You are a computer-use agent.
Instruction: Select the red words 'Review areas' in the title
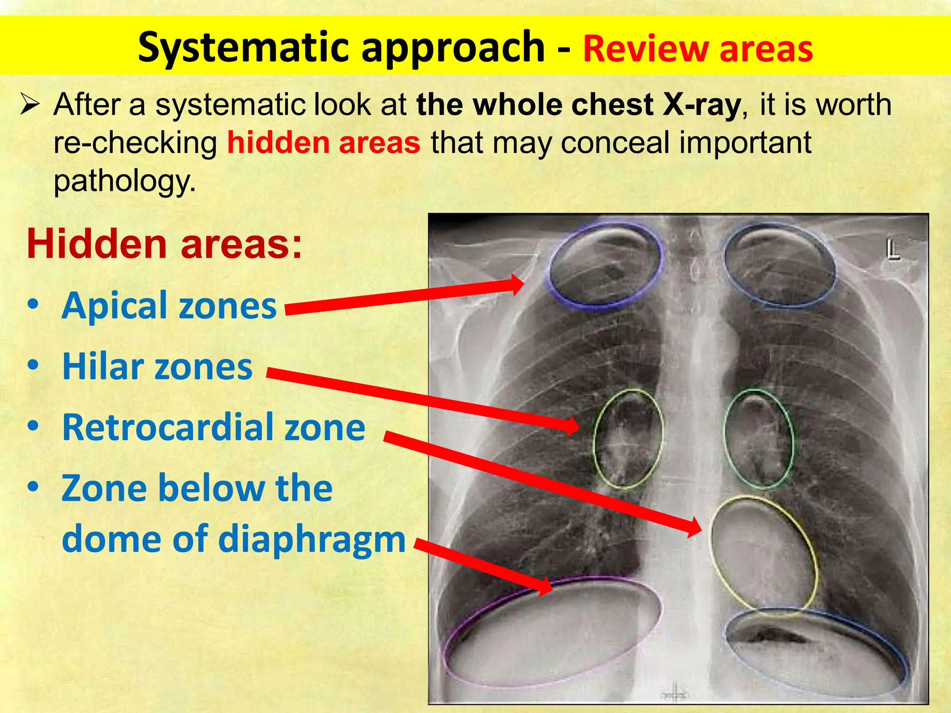pyautogui.click(x=697, y=49)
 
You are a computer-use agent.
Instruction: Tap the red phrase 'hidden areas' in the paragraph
pyautogui.click(x=324, y=143)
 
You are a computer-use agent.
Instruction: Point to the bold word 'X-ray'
pyautogui.click(x=701, y=105)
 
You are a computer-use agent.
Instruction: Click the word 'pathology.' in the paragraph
pyautogui.click(x=124, y=181)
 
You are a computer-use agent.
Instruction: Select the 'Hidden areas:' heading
pyautogui.click(x=164, y=245)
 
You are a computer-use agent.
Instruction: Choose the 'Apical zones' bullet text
pyautogui.click(x=169, y=306)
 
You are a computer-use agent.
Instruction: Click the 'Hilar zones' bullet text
pyautogui.click(x=157, y=367)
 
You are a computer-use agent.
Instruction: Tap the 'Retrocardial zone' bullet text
pyautogui.click(x=214, y=428)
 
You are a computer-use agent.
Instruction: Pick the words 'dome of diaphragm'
pyautogui.click(x=234, y=539)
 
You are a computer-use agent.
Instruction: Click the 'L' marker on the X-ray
pyautogui.click(x=892, y=251)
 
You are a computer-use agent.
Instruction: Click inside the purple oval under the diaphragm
pyautogui.click(x=553, y=631)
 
